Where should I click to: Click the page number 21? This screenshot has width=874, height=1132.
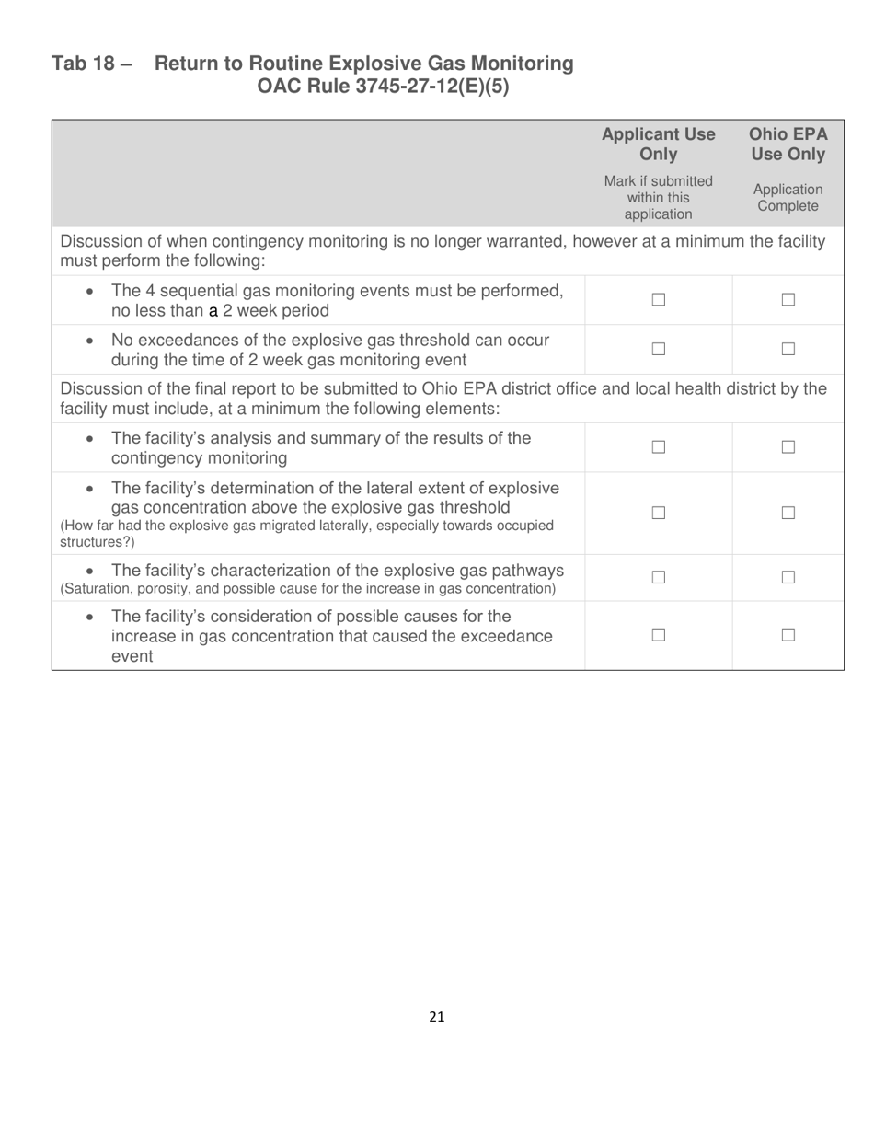(436, 1017)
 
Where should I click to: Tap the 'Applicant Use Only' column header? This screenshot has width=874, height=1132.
(658, 144)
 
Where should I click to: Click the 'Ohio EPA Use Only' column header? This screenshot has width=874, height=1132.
(788, 144)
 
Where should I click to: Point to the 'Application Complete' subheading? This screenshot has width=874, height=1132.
(788, 198)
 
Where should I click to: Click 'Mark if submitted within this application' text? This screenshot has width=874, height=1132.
(658, 198)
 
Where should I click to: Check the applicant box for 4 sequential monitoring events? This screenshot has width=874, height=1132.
(658, 300)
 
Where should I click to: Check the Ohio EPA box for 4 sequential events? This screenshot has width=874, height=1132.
(788, 300)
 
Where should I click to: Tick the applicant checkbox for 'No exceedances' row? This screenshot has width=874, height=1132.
(658, 349)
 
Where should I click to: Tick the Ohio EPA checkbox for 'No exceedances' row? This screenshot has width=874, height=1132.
(788, 349)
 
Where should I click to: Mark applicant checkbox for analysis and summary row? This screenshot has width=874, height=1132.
(658, 447)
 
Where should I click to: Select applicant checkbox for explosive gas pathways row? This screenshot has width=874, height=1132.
(658, 577)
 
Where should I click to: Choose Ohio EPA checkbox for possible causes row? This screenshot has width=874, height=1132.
(788, 634)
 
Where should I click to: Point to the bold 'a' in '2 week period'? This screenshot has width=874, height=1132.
(213, 311)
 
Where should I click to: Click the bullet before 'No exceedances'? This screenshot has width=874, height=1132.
(88, 341)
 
